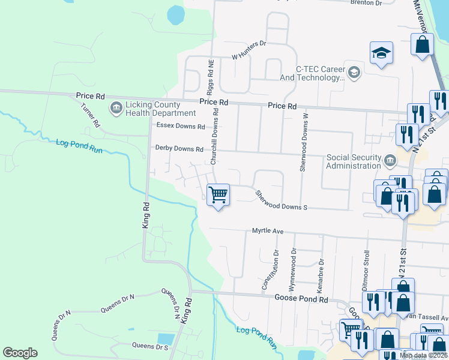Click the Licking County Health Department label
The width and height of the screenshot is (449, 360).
click(x=160, y=109)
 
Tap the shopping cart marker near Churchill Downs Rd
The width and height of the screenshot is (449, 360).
click(x=218, y=195)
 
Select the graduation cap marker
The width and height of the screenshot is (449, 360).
click(x=381, y=53)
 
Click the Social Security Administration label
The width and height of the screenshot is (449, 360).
click(x=354, y=162)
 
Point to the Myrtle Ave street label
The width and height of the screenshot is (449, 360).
click(x=267, y=231)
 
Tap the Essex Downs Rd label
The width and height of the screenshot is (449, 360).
click(x=180, y=127)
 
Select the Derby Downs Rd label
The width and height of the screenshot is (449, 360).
click(x=180, y=148)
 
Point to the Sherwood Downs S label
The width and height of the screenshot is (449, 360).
click(x=281, y=200)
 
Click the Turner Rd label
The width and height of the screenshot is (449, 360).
click(x=90, y=115)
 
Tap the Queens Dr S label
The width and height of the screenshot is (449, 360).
click(x=149, y=346)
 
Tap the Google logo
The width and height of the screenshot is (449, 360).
click(x=20, y=353)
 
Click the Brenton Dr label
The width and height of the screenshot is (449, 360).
click(x=366, y=3)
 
